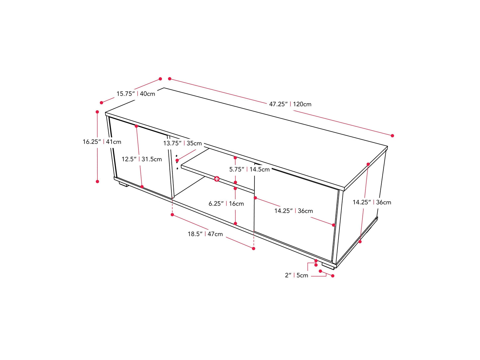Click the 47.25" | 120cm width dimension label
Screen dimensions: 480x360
(x=290, y=104)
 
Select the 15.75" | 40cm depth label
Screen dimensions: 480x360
(x=136, y=94)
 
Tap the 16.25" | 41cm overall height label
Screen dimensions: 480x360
(x=102, y=141)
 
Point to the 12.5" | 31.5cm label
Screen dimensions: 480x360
(x=142, y=159)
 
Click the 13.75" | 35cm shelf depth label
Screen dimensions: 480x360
(x=183, y=143)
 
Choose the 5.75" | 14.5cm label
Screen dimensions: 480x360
(x=249, y=169)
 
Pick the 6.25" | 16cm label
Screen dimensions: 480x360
(x=226, y=204)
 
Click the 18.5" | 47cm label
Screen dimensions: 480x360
(x=205, y=234)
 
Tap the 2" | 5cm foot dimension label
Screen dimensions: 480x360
(x=296, y=275)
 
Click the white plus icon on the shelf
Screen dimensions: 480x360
(x=217, y=179)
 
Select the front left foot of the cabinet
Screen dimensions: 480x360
(x=123, y=184)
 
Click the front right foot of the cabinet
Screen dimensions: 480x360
(x=328, y=267)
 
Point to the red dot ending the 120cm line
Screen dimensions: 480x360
(x=392, y=136)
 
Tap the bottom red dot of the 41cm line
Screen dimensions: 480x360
(x=98, y=182)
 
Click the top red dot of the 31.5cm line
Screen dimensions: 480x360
(x=136, y=126)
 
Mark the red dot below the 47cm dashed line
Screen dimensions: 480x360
(x=254, y=248)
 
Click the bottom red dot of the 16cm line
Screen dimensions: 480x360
(x=235, y=224)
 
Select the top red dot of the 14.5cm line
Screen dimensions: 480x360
(x=235, y=158)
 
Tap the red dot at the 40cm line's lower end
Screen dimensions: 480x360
(x=101, y=103)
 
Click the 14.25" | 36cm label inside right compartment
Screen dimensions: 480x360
(x=293, y=211)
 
